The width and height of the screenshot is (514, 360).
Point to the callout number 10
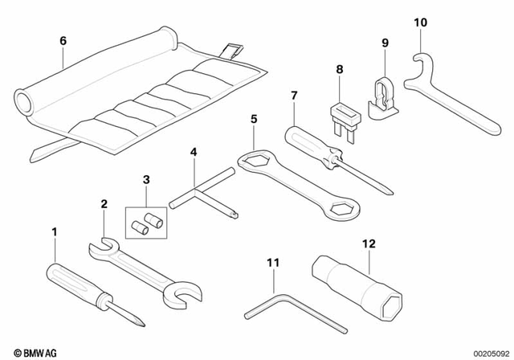tap(421, 23)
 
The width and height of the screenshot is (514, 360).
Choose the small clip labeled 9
tap(385, 92)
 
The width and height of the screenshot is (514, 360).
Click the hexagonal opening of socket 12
tap(393, 309)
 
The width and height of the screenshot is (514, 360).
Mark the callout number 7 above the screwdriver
tap(294, 96)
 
